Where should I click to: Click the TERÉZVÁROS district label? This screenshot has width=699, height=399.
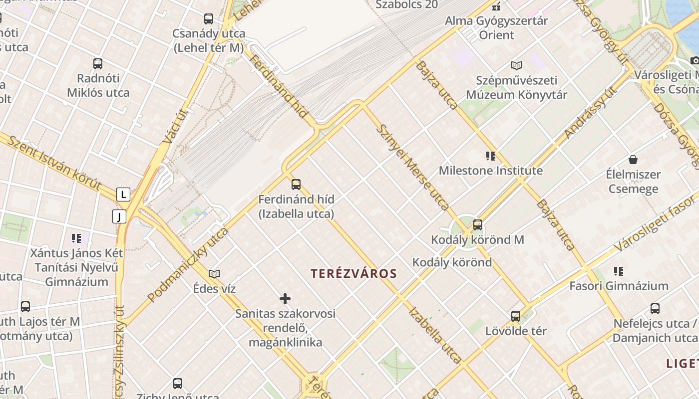click(x=353, y=273)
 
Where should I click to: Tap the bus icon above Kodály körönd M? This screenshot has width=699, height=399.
click(x=478, y=225)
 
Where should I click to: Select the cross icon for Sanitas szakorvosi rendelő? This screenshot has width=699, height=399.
click(x=285, y=299)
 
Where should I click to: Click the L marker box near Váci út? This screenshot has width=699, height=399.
click(x=123, y=195)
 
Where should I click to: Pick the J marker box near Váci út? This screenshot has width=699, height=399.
click(x=119, y=216)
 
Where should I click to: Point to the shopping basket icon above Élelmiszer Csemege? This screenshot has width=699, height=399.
click(x=633, y=160)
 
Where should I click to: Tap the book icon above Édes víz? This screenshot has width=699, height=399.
click(x=214, y=274)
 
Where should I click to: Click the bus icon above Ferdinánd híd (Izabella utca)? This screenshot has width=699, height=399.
click(x=296, y=185)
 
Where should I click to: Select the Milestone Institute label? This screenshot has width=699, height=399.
click(x=491, y=171)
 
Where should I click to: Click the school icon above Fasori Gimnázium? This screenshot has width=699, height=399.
click(x=619, y=271)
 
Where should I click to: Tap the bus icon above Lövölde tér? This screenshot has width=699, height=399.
click(x=516, y=316)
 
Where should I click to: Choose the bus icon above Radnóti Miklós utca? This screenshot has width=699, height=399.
click(x=98, y=64)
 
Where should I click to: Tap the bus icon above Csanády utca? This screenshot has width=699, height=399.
click(x=209, y=19)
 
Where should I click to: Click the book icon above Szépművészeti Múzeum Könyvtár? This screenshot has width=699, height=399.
click(x=517, y=65)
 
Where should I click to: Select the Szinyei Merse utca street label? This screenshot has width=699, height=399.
click(x=412, y=167)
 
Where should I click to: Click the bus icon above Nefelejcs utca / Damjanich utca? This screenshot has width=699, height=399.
click(x=655, y=309)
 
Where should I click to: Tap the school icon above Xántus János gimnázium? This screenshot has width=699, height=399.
click(x=76, y=238)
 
